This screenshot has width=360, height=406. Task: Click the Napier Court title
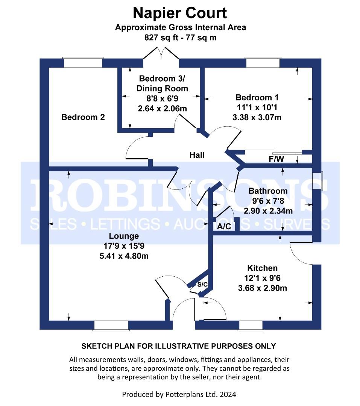(x=180, y=13)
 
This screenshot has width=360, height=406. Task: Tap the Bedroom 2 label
(x=83, y=117)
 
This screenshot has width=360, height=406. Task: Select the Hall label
(x=197, y=155)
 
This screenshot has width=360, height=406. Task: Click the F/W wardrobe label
(x=276, y=159)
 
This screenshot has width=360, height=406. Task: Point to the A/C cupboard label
(x=224, y=227)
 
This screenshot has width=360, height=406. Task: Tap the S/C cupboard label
(x=202, y=285)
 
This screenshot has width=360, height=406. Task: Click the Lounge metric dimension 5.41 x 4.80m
(x=124, y=256)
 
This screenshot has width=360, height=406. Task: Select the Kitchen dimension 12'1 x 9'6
(x=262, y=278)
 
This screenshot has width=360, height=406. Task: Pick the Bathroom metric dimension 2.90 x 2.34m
(x=268, y=211)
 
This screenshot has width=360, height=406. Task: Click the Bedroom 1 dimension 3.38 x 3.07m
(x=257, y=117)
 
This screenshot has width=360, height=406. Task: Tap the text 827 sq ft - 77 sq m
(x=181, y=38)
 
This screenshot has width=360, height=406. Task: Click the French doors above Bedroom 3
(x=161, y=53)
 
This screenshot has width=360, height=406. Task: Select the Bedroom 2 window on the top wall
(x=84, y=62)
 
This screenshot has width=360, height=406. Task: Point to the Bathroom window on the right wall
(x=317, y=181)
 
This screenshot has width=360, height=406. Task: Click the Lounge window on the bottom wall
(x=111, y=326)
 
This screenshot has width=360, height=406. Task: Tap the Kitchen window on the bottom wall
(x=251, y=326)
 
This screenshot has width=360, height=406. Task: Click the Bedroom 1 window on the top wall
(x=263, y=62)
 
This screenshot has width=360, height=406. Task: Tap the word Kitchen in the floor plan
(x=262, y=268)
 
